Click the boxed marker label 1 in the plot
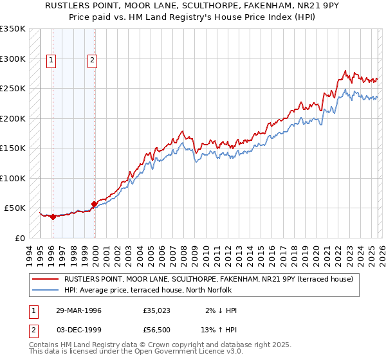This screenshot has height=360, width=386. click(51, 60)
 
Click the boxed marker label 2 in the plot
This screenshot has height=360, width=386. click(93, 60)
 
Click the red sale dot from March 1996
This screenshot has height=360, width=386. click(53, 217)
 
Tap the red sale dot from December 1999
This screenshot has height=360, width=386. click(94, 204)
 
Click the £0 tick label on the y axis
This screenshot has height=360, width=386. click(20, 238)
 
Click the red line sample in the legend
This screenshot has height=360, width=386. click(45, 280)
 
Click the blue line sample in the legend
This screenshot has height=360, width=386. click(45, 290)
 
